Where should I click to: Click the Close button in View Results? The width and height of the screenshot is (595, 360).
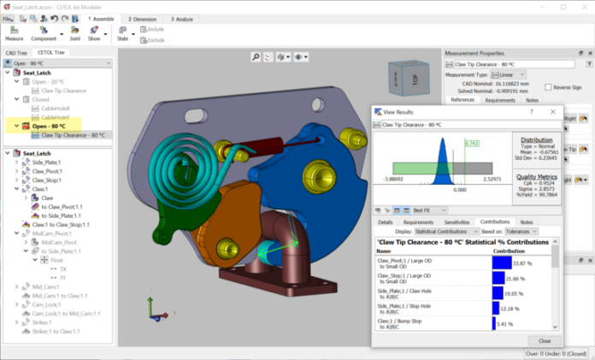tap(545, 340)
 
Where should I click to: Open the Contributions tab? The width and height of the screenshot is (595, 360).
tap(495, 221)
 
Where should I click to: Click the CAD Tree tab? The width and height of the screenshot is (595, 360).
tap(17, 53)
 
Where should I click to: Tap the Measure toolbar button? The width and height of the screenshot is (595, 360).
tap(15, 33)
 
